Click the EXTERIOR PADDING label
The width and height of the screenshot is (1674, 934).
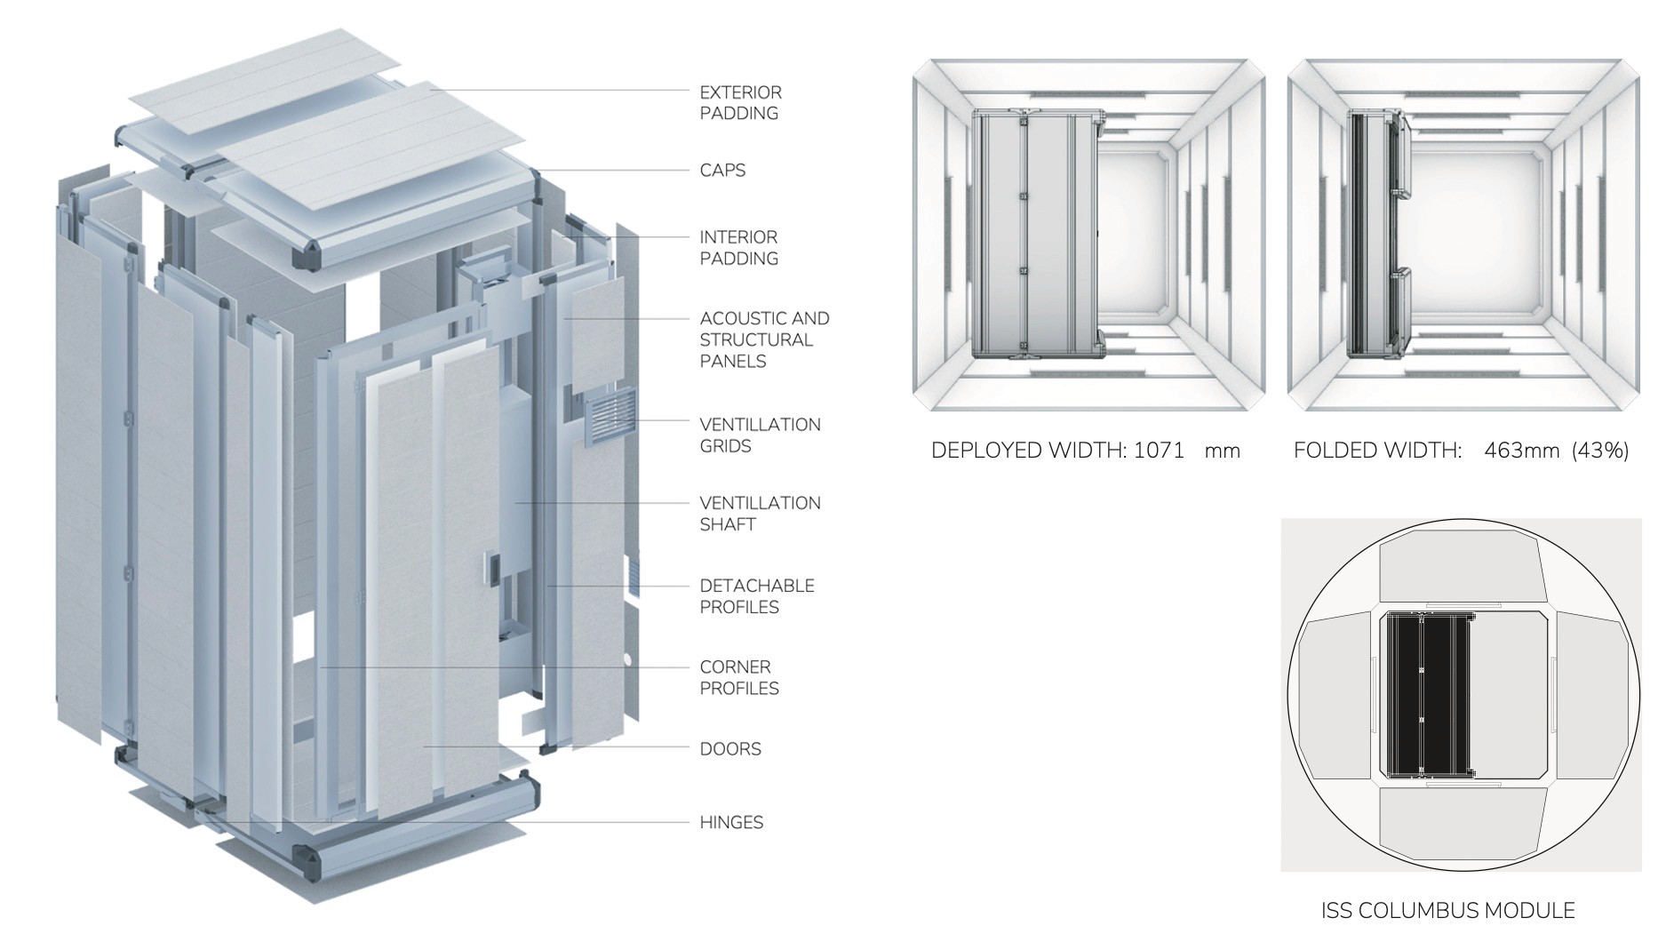[740, 102]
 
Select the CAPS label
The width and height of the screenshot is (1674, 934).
[722, 170]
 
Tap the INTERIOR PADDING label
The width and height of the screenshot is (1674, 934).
[738, 248]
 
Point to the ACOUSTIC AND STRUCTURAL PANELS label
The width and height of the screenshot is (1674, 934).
[764, 339]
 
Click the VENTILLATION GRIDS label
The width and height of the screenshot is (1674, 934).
[760, 435]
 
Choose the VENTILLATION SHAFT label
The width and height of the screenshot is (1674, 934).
[760, 514]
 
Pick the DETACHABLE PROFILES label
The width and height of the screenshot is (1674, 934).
[756, 596]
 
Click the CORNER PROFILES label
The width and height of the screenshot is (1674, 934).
[739, 677]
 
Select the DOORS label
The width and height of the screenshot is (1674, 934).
[730, 749]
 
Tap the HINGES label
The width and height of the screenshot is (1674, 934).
[731, 823]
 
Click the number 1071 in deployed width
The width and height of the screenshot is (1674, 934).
[1159, 451]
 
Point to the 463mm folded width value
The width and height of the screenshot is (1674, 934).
[1521, 451]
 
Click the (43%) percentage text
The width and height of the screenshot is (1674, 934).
[1600, 451]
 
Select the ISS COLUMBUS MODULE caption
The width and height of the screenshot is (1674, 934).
[1447, 911]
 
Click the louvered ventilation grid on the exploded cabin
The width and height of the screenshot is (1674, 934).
[610, 416]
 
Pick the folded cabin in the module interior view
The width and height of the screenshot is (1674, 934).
[1375, 233]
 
